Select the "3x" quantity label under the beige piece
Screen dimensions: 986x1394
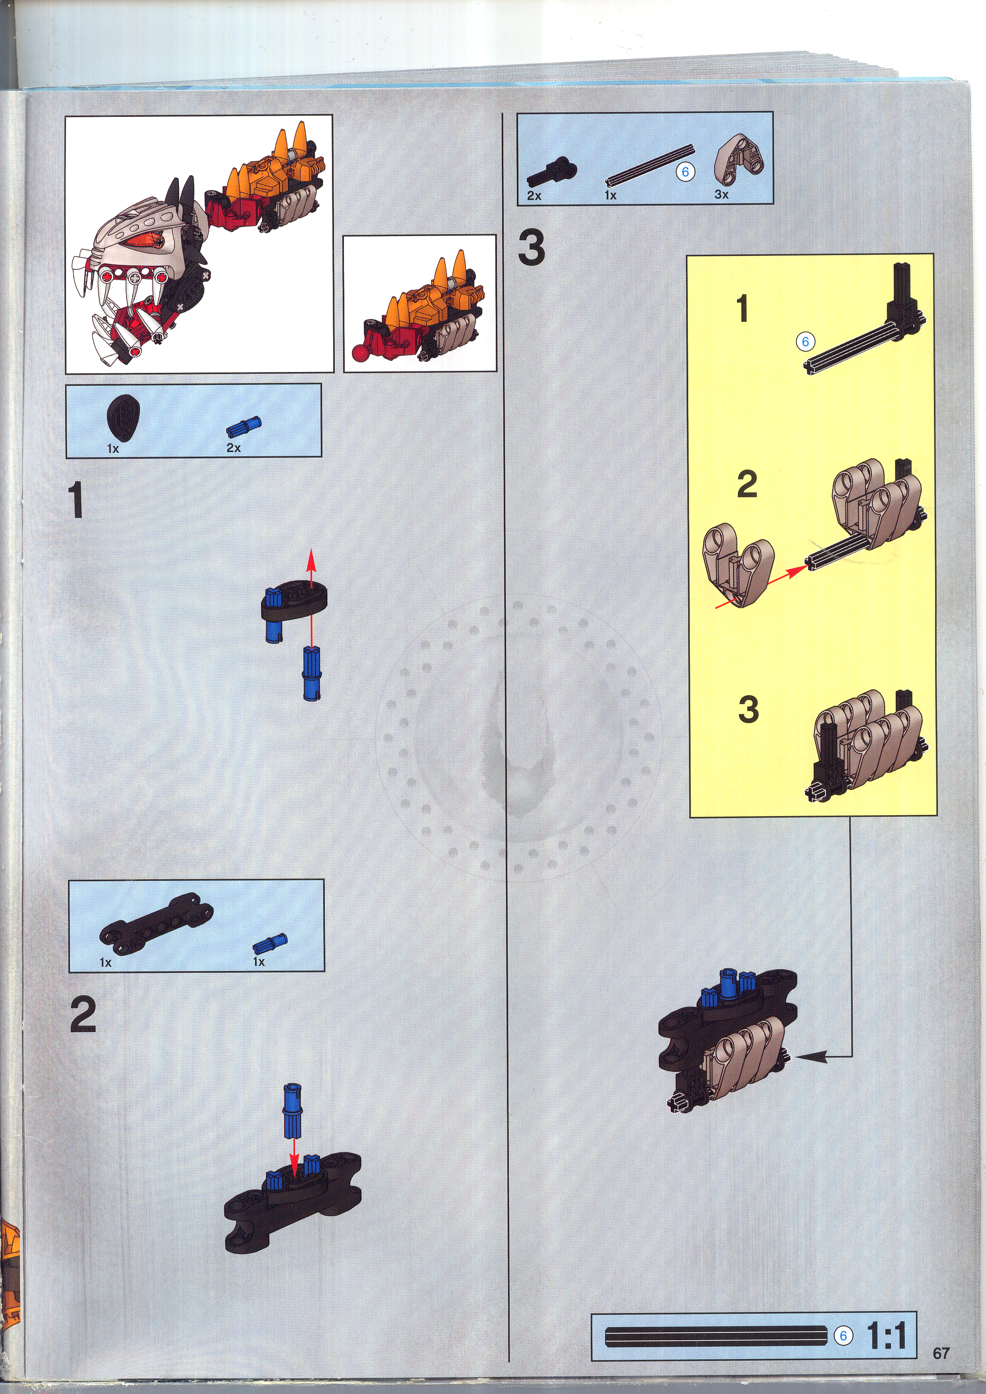721,194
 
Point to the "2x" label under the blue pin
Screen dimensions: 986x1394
234,448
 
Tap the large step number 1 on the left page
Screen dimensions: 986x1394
76,500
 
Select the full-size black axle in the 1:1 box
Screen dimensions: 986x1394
716,1336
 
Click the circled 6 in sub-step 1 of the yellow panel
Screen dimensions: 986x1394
805,342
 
